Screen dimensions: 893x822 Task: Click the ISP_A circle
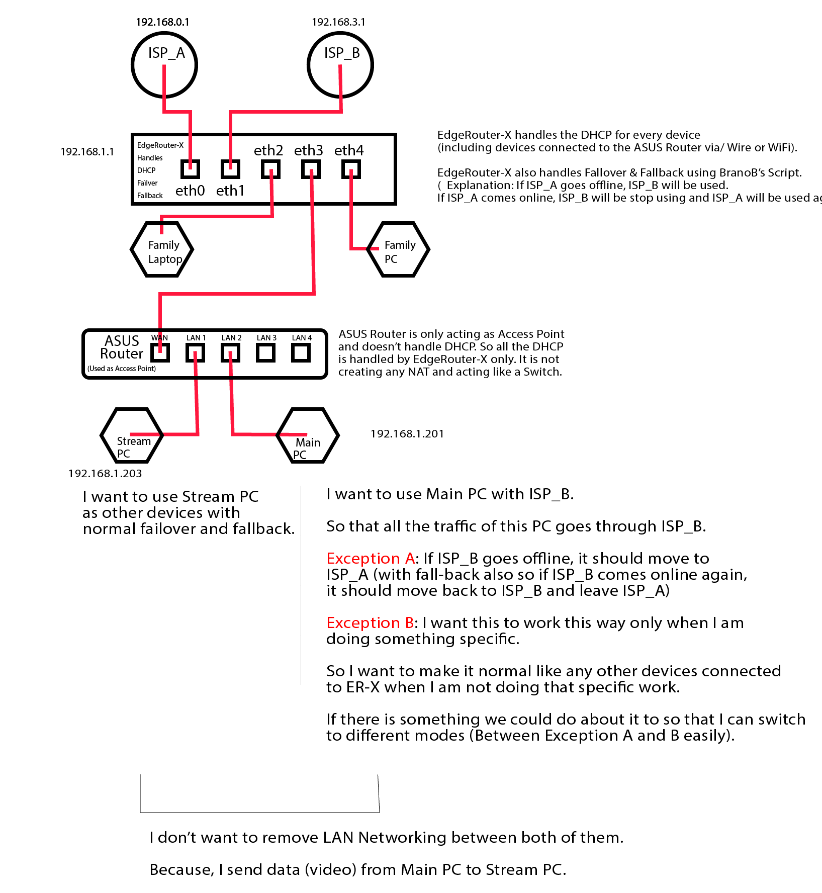(x=164, y=65)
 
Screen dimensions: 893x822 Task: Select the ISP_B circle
(x=340, y=65)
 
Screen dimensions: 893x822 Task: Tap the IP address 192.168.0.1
(x=162, y=22)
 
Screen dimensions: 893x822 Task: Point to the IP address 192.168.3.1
(x=338, y=22)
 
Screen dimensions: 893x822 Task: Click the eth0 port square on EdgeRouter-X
(x=190, y=169)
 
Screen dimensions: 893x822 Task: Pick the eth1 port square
(x=230, y=169)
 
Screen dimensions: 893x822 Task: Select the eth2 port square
(x=270, y=169)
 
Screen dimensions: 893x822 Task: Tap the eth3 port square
(x=311, y=169)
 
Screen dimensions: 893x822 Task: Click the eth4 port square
(x=351, y=169)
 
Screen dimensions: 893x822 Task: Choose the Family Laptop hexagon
(x=162, y=249)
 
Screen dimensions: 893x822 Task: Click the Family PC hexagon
(x=398, y=249)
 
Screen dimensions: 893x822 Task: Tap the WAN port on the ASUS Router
(x=160, y=352)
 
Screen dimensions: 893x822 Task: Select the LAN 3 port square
(x=265, y=352)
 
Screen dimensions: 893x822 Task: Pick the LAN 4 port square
(x=301, y=352)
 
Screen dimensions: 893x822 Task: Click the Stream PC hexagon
(x=132, y=435)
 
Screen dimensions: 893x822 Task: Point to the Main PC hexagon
(x=308, y=435)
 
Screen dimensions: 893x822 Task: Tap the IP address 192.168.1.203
(x=105, y=474)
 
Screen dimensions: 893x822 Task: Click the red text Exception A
(x=371, y=559)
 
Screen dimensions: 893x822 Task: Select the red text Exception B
(x=370, y=623)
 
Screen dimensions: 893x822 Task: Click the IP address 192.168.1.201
(x=407, y=434)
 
